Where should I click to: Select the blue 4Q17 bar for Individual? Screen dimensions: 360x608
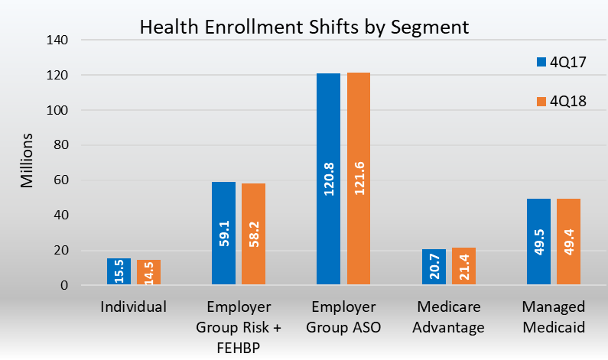click(x=119, y=272)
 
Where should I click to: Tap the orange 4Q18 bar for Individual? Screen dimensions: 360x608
click(x=148, y=273)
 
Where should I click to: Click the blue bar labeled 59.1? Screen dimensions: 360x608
click(x=224, y=234)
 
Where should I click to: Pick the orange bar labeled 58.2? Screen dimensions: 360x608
click(x=253, y=235)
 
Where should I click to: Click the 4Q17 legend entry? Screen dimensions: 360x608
click(x=561, y=62)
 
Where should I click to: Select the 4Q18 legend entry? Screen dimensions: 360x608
click(x=561, y=102)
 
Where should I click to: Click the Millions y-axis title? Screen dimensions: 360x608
click(x=26, y=161)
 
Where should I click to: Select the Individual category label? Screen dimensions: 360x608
click(x=133, y=307)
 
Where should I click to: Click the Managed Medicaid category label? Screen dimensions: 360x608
click(x=554, y=317)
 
